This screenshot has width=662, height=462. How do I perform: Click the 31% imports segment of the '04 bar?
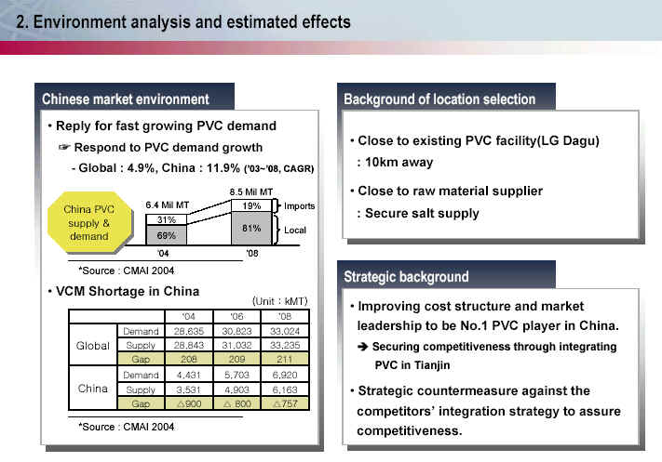(x=167, y=219)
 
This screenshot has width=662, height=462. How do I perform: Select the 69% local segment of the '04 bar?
(x=167, y=235)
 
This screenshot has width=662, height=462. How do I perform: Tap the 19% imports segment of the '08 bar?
(x=251, y=205)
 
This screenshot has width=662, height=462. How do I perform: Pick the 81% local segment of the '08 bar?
(x=251, y=228)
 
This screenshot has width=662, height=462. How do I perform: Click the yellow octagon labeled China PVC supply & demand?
(x=89, y=222)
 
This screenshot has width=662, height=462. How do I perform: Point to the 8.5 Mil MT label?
(x=251, y=191)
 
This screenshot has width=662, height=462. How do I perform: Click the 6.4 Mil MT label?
(x=168, y=205)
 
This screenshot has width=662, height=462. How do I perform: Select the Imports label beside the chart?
(x=299, y=206)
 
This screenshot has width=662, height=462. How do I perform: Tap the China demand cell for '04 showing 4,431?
(x=189, y=375)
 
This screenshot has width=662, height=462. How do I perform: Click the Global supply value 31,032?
(x=236, y=345)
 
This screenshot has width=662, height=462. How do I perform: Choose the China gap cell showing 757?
(x=285, y=403)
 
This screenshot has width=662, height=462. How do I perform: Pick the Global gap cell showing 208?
(x=189, y=359)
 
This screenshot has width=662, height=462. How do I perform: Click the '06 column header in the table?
(x=236, y=316)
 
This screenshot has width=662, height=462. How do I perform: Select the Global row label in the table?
(x=93, y=346)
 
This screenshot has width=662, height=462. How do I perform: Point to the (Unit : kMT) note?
(x=280, y=301)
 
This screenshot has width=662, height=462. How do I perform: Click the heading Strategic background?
(x=406, y=276)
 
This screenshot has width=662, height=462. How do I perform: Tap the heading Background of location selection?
(x=439, y=99)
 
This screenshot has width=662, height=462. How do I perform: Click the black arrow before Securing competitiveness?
(x=363, y=347)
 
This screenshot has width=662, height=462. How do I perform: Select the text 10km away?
(x=399, y=163)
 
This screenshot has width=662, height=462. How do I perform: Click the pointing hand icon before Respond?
(x=63, y=147)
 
